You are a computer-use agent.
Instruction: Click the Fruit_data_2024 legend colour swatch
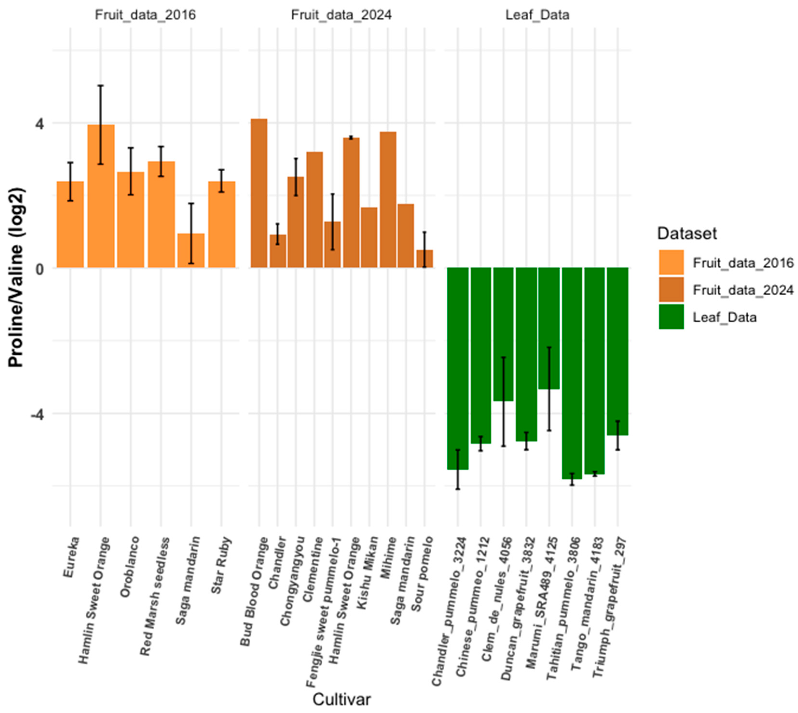coord(671,290)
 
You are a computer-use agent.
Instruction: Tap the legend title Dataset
coord(687,234)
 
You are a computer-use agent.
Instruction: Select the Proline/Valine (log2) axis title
coord(16,278)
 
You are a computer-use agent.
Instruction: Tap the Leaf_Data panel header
coord(537,15)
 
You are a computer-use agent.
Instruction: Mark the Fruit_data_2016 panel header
coord(145,15)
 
